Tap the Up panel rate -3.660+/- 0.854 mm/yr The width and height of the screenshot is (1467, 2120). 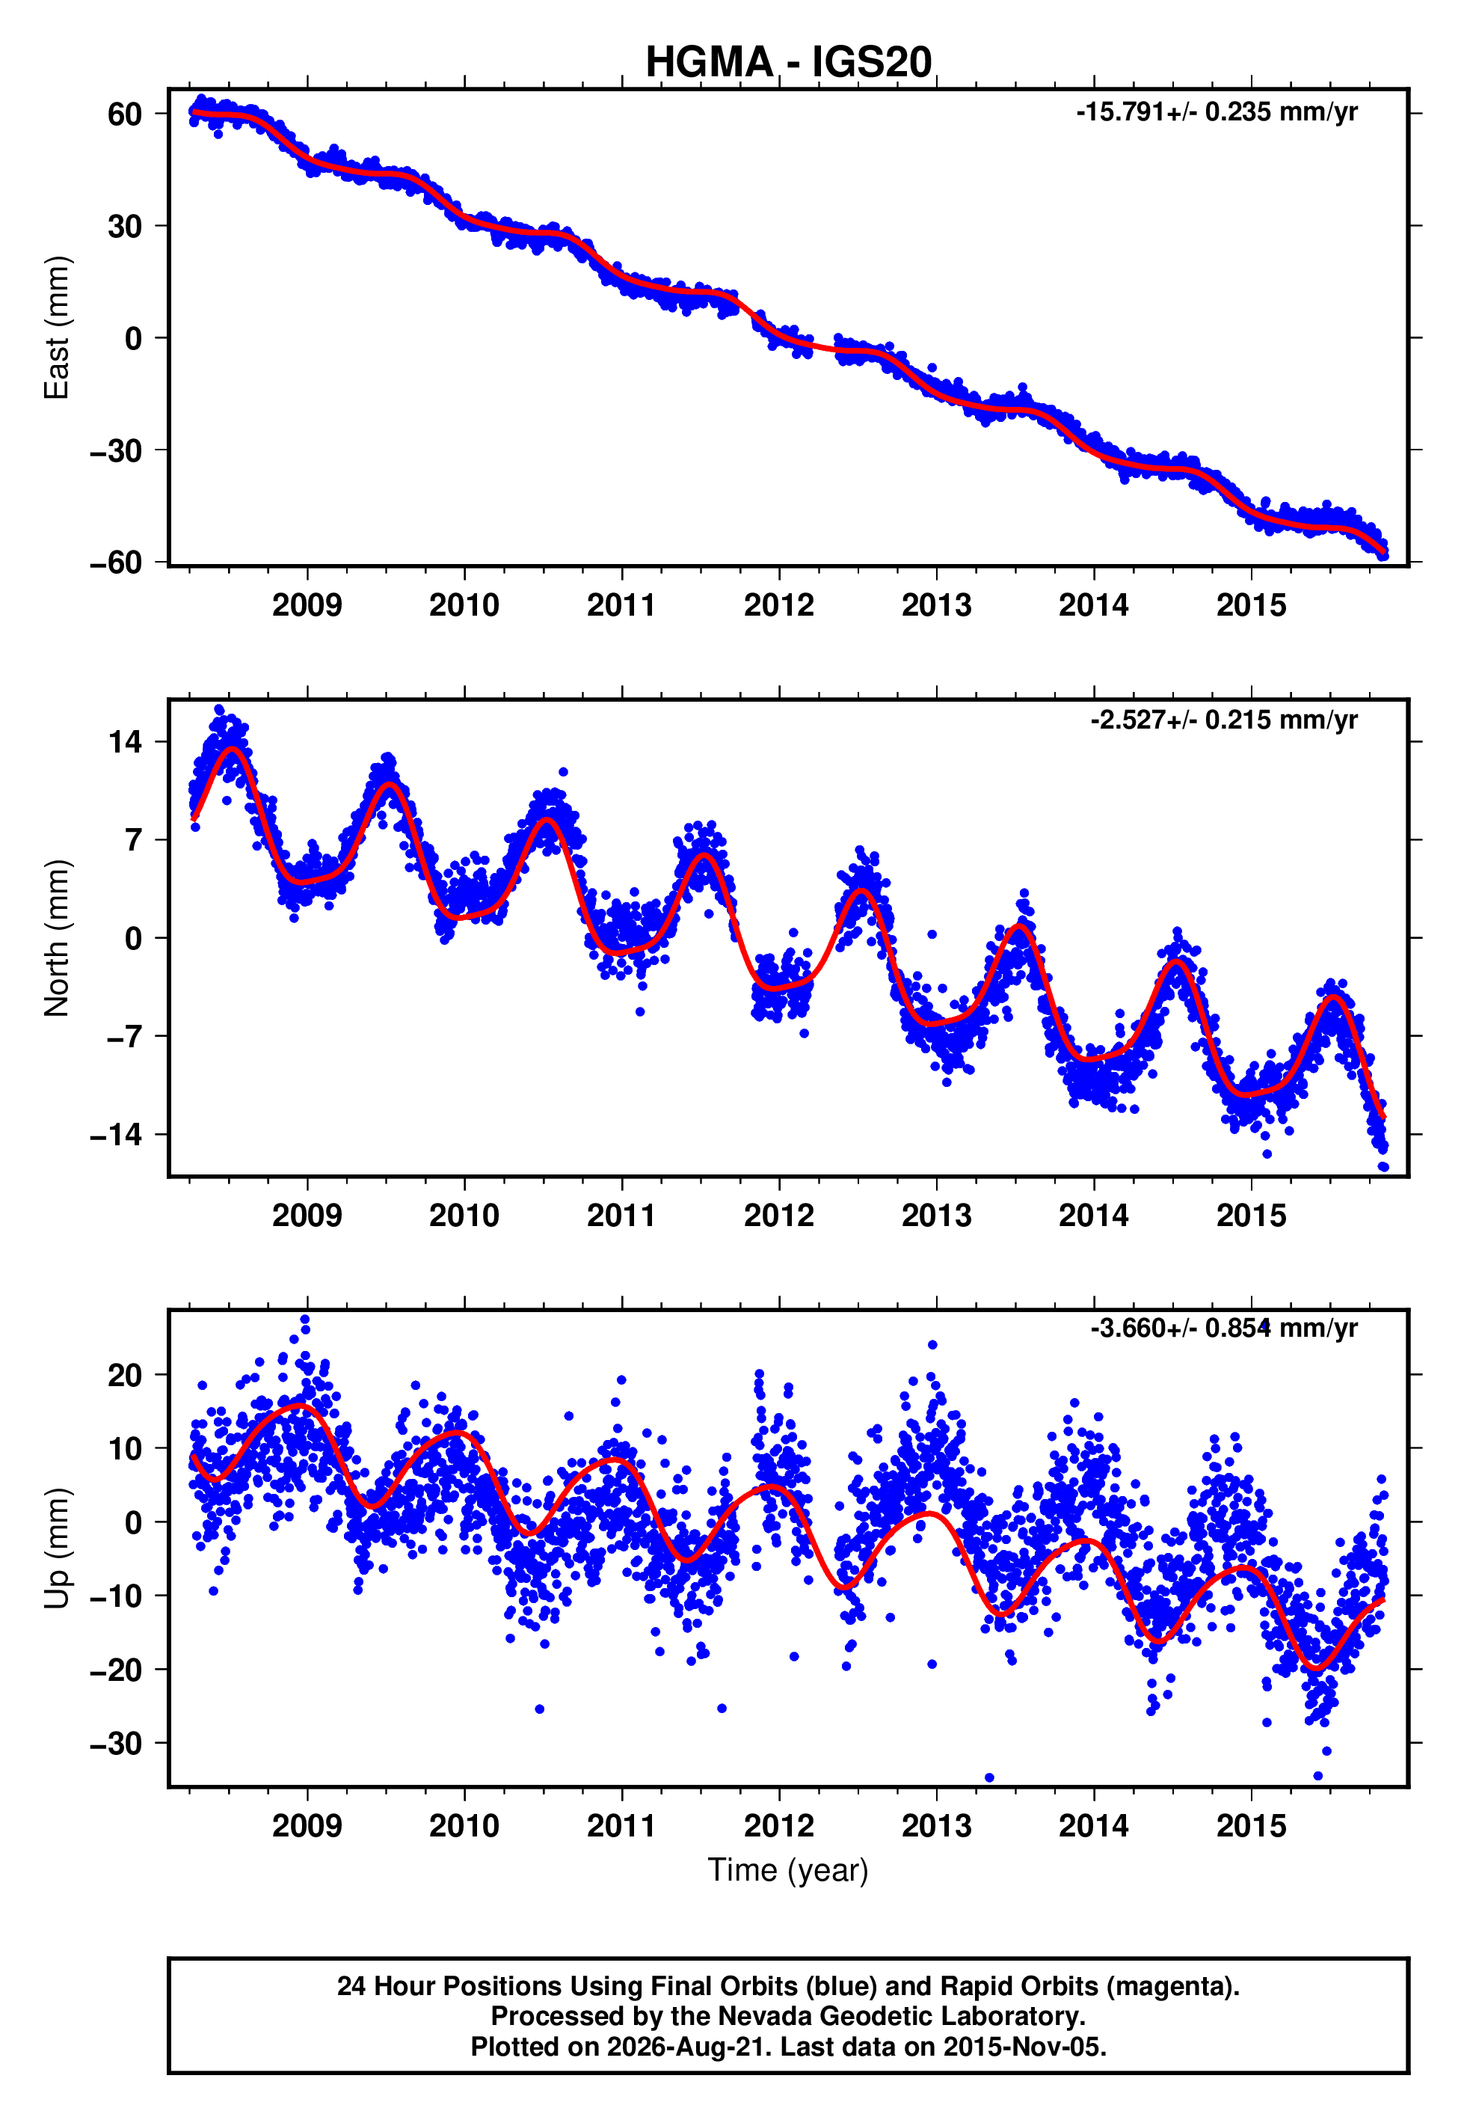pyautogui.click(x=1223, y=1329)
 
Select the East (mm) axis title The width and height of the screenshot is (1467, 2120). pyautogui.click(x=57, y=328)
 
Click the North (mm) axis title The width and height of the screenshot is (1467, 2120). pyautogui.click(x=57, y=938)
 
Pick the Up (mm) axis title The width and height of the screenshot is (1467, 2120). pyautogui.click(x=57, y=1548)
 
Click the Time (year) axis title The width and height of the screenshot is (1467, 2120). pyautogui.click(x=788, y=1871)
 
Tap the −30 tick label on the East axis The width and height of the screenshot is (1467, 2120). pyautogui.click(x=116, y=450)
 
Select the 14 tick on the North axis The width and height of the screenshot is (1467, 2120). pyautogui.click(x=126, y=741)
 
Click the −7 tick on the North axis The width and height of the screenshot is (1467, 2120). pyautogui.click(x=125, y=1037)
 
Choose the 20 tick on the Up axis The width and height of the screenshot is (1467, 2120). pyautogui.click(x=125, y=1376)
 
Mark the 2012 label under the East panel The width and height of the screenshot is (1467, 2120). pyautogui.click(x=778, y=605)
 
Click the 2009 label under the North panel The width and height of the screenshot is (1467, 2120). pyautogui.click(x=307, y=1216)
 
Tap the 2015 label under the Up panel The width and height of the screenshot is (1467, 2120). pyautogui.click(x=1251, y=1826)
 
